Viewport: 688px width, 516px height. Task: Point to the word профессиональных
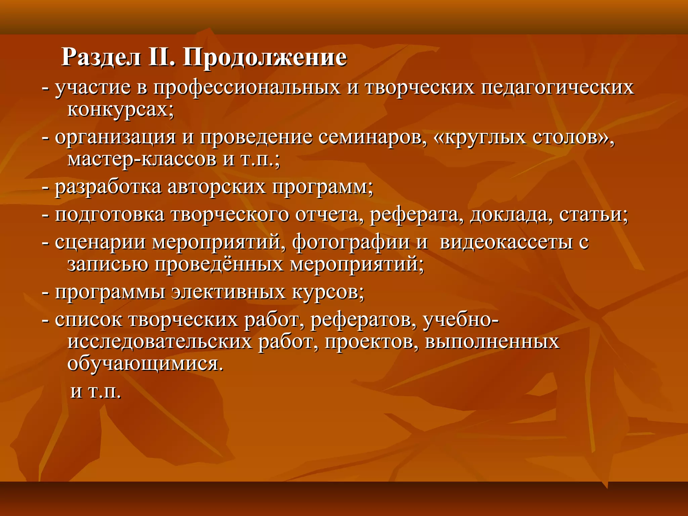point(247,88)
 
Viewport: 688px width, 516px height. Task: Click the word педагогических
point(558,88)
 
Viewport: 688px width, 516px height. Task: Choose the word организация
point(115,138)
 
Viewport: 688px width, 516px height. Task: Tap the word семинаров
point(370,138)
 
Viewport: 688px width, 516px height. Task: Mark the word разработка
point(108,187)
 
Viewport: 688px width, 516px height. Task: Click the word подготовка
point(110,215)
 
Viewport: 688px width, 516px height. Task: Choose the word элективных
point(228,292)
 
